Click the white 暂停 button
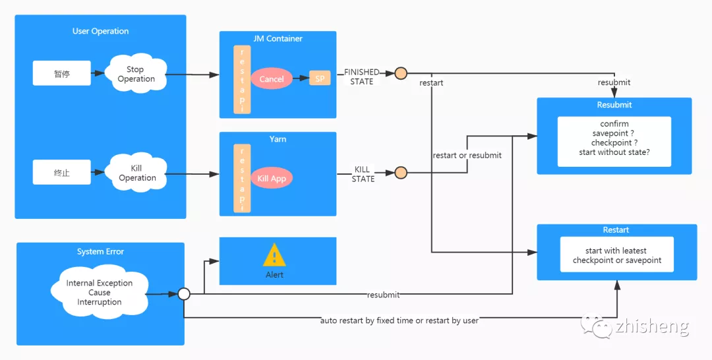pos(62,73)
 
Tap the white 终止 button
pos(62,173)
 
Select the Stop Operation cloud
pos(136,75)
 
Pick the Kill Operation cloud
pos(137,173)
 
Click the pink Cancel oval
pos(272,79)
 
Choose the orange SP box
pos(320,78)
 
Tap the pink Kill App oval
pos(271,178)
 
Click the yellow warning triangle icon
pos(274,255)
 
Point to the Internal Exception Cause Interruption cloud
pos(100,292)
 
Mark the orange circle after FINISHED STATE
pos(401,73)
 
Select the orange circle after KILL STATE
pos(401,173)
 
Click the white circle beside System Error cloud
pos(184,293)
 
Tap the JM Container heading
pos(278,39)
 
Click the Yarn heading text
pos(278,140)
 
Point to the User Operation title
pos(100,31)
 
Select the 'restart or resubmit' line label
pos(467,156)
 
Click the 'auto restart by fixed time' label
pos(400,320)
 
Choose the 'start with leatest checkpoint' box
pos(616,255)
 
